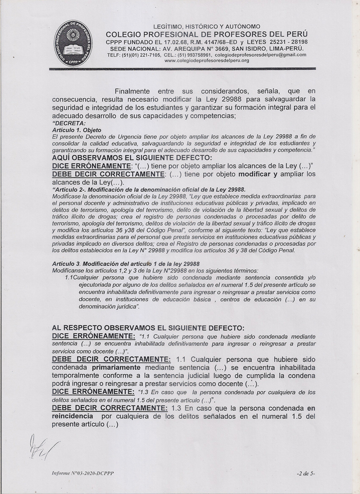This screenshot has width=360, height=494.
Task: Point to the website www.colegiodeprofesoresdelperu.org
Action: coord(207,61)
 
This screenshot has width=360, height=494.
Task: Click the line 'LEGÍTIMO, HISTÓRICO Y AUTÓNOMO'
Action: coord(207,26)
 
